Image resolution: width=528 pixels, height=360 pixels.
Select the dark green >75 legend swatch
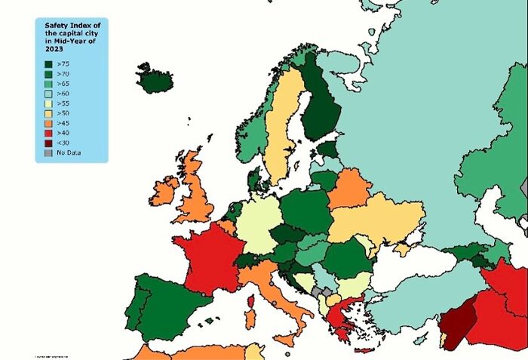point(49,66)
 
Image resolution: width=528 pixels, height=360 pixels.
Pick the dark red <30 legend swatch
point(49,143)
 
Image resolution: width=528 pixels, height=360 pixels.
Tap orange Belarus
point(348,189)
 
